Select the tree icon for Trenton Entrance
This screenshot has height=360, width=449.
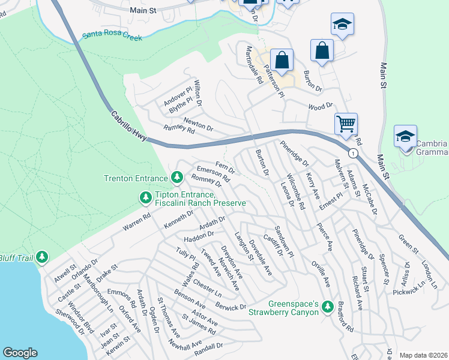pos(176,178)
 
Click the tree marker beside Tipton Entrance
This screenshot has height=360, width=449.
pos(145,197)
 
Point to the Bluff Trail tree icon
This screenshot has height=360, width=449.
pos(41,257)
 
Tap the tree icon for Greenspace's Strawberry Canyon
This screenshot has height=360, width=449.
pos(327,307)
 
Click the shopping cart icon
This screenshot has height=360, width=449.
pos(346,124)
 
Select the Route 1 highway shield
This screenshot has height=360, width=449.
pos(354,154)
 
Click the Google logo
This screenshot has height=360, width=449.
pos(20,353)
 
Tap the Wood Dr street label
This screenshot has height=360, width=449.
pos(320,106)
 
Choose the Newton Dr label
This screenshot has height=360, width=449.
pos(198,124)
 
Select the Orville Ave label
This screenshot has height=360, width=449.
pos(321,273)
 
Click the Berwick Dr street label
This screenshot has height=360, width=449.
pos(231,307)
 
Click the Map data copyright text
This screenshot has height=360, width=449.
pos(423,355)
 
